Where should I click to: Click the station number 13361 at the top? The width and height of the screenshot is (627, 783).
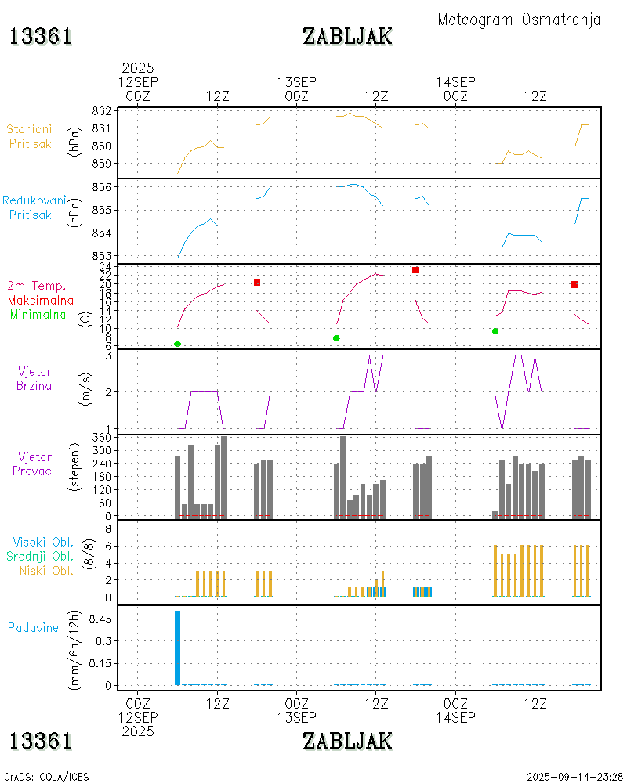41,36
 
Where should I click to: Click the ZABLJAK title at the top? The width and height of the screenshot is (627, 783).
347,36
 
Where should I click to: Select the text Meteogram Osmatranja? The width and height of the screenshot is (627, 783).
519,20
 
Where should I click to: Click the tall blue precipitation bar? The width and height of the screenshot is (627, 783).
177,647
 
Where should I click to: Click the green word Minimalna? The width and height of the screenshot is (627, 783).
38,314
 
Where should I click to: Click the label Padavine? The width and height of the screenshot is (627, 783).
34,627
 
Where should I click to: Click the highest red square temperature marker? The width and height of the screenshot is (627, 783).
415,270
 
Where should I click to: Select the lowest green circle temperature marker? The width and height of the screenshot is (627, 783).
177,344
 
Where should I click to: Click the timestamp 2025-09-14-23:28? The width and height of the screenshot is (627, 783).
574,777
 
